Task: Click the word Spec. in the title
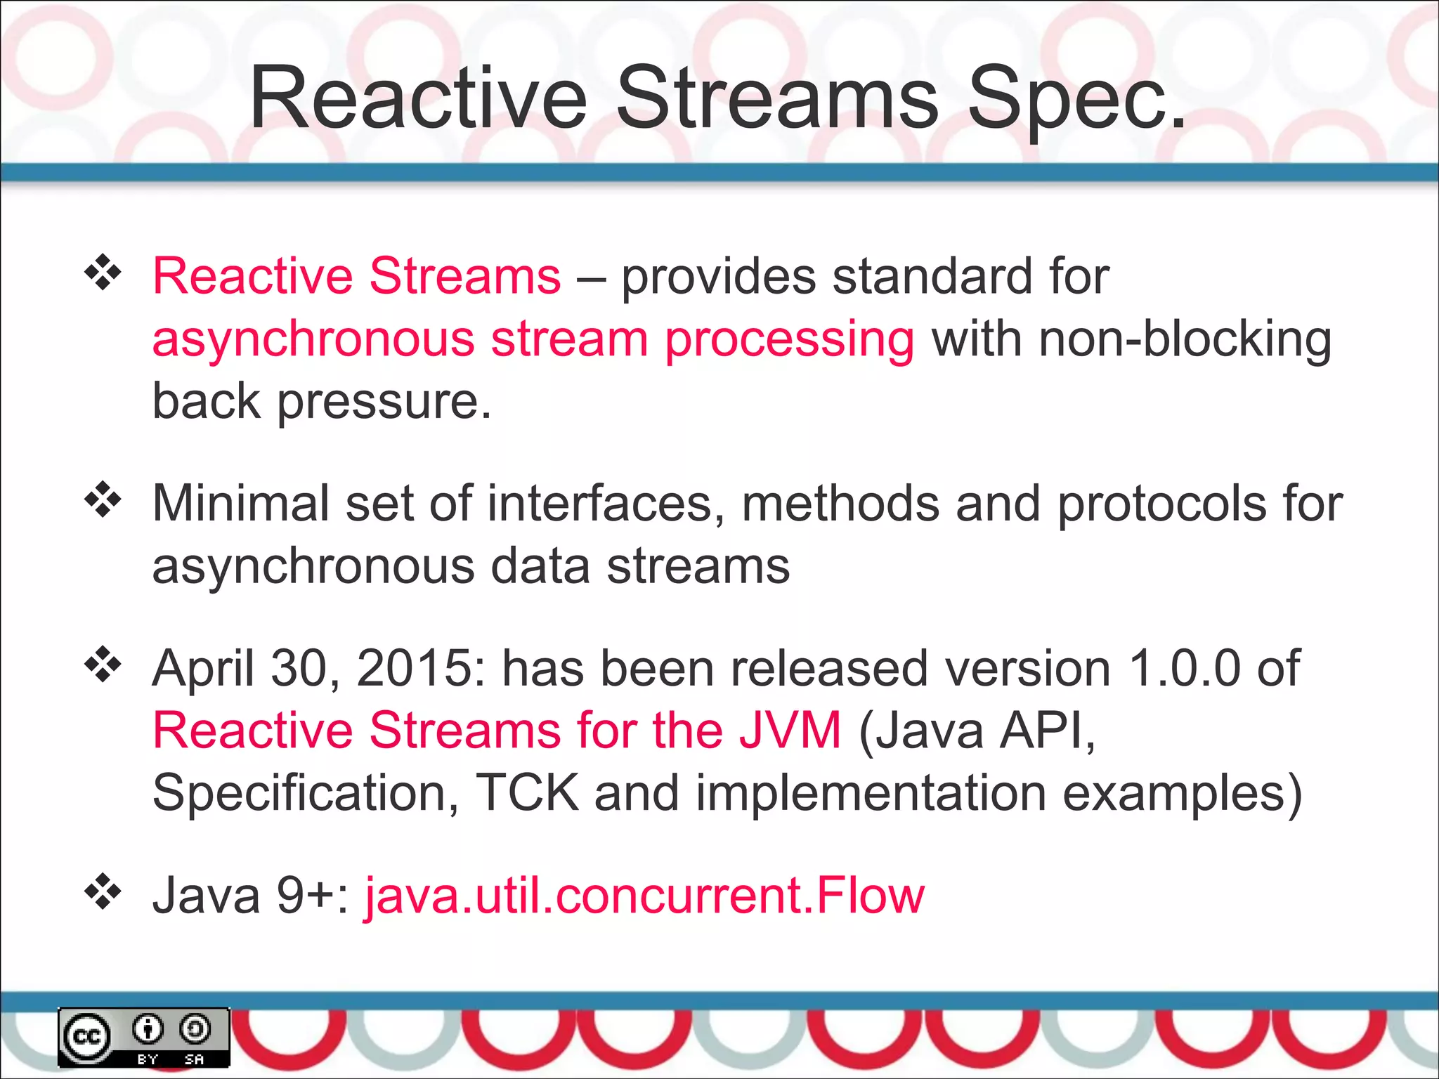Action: coord(1075,98)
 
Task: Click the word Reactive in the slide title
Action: coord(418,98)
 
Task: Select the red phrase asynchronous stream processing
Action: coord(533,339)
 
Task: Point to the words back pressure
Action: coord(321,402)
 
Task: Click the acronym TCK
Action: coord(527,792)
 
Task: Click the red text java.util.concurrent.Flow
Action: coord(644,896)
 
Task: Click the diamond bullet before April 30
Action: coord(103,665)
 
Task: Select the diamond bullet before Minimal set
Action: coord(103,500)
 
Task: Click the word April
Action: coord(203,669)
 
